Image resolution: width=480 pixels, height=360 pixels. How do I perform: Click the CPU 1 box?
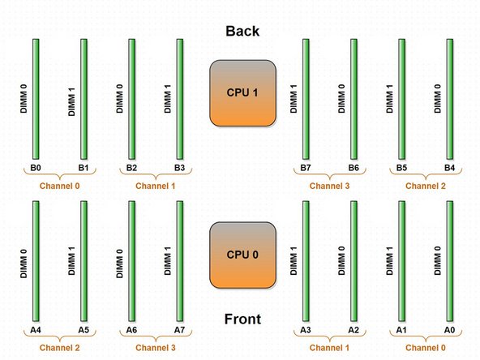click(x=243, y=93)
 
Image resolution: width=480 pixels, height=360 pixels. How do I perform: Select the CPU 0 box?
click(x=243, y=255)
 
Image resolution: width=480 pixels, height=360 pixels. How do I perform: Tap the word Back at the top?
click(x=242, y=32)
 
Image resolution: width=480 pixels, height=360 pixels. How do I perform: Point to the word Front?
click(x=242, y=319)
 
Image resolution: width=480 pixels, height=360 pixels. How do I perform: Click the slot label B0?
click(x=36, y=168)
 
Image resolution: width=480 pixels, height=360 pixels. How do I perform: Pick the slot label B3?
click(x=179, y=168)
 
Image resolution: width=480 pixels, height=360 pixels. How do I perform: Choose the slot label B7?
click(x=306, y=168)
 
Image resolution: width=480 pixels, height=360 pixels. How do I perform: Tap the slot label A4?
click(x=36, y=330)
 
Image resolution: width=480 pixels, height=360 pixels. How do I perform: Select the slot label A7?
click(x=179, y=330)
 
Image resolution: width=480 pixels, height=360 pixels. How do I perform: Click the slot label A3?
click(x=306, y=330)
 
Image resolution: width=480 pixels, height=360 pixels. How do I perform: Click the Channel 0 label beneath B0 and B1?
click(x=59, y=186)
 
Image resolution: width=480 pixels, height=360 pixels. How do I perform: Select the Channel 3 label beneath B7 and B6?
click(x=330, y=186)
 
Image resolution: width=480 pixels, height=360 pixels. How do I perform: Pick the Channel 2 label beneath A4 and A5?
click(x=59, y=348)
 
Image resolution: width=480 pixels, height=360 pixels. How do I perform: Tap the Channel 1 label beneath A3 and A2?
click(x=330, y=348)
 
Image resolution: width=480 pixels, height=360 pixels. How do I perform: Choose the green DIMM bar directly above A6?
click(x=131, y=261)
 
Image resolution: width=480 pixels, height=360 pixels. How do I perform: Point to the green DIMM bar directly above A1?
click(x=401, y=261)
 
